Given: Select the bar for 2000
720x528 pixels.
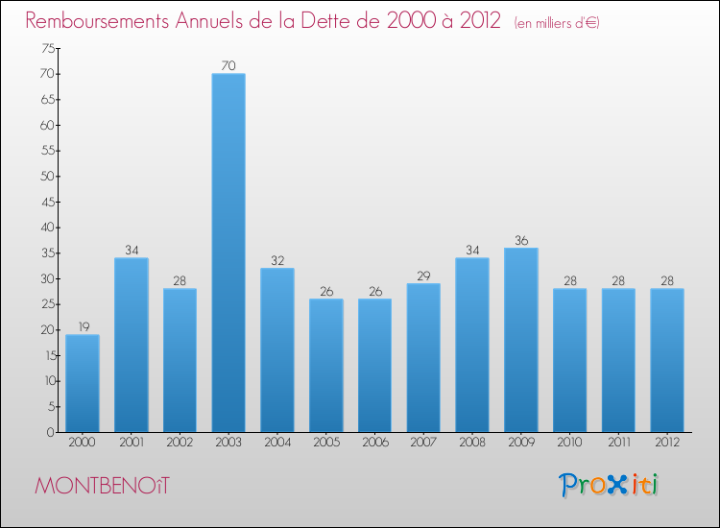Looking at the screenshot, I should (x=82, y=383).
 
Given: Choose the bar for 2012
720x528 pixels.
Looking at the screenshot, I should (x=666, y=360).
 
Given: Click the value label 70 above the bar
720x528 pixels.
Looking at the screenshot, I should (x=228, y=65).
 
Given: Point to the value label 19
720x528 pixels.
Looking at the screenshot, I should (x=82, y=326).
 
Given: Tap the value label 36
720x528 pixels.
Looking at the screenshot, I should (x=520, y=240).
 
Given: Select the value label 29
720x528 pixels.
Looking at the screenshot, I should (x=423, y=276).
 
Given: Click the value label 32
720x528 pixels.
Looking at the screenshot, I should (x=276, y=260).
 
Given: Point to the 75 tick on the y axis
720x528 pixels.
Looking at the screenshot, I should (x=46, y=48).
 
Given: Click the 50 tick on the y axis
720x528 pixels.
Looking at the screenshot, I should (x=46, y=177).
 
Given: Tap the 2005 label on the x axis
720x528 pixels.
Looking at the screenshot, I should (x=325, y=443).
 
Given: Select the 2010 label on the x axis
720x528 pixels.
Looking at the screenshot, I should (x=569, y=443).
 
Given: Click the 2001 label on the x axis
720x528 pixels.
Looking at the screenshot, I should (x=131, y=443).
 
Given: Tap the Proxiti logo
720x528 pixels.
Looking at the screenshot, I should (x=610, y=485).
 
